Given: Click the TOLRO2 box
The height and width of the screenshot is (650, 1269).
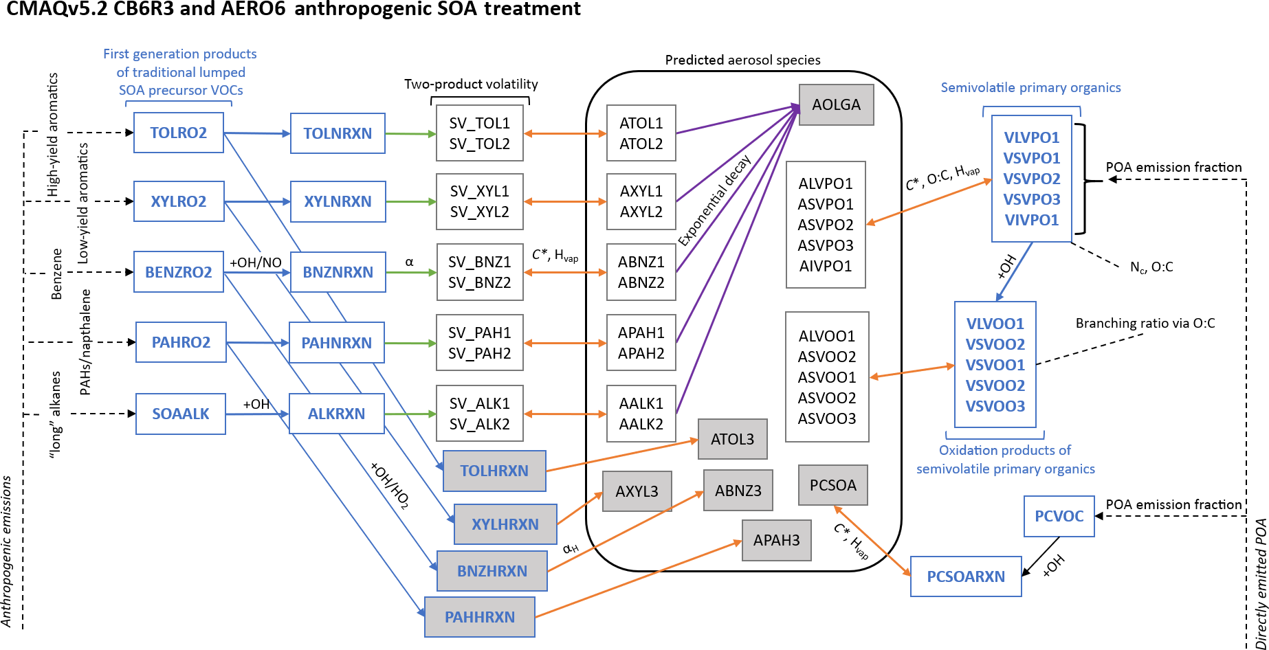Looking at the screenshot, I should tap(179, 133).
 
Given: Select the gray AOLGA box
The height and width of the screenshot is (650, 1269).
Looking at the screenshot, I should tap(836, 104).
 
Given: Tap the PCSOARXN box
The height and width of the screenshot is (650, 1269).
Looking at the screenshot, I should tap(965, 576).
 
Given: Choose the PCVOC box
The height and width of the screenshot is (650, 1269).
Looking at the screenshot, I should tap(1059, 516).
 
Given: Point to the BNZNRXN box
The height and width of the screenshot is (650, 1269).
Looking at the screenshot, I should tap(338, 272).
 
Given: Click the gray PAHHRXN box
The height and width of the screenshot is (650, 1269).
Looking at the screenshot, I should tap(479, 617).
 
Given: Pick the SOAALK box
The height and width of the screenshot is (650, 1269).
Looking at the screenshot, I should tap(180, 414).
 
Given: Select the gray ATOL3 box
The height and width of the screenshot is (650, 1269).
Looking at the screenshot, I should tap(732, 439).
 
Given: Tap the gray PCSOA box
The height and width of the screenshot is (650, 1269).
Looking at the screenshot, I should tap(832, 485).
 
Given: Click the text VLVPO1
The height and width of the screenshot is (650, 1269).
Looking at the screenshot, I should tap(1031, 137).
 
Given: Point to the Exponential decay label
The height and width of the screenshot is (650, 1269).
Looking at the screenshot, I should tap(714, 201).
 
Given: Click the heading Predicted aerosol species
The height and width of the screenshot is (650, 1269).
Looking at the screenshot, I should tap(742, 60).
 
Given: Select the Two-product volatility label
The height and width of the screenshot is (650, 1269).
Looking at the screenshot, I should tap(471, 84).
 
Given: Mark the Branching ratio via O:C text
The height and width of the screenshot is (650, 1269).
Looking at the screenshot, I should tap(1145, 323).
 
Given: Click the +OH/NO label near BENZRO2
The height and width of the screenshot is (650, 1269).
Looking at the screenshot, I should tap(255, 262).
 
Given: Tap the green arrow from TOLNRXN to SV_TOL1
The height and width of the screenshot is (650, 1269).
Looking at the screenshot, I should tap(410, 134).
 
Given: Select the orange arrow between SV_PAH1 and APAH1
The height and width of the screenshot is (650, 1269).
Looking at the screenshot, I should tap(565, 343).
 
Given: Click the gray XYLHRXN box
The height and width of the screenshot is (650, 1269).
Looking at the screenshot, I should tap(505, 524).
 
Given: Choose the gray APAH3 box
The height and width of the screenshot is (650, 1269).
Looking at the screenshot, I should tap(776, 540).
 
